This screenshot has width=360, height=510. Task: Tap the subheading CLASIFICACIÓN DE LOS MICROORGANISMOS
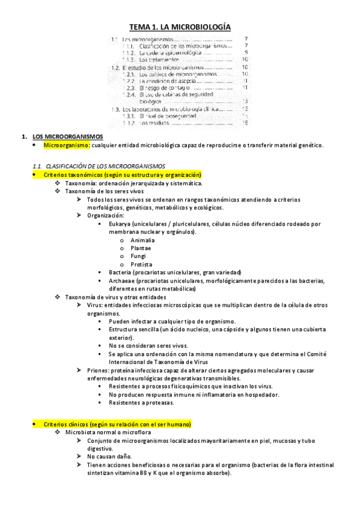(105, 165)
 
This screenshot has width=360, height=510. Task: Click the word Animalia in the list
(142, 240)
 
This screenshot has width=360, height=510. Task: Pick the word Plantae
(141, 248)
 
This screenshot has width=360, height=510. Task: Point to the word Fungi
(138, 256)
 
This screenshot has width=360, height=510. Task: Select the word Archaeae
(121, 280)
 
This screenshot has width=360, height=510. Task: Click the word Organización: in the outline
(105, 215)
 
